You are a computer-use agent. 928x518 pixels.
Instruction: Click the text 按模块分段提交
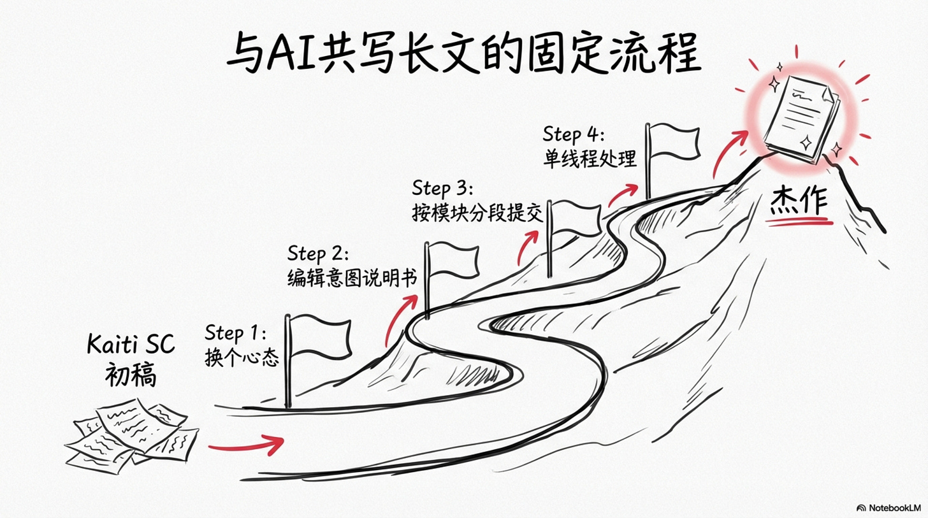coord(477,213)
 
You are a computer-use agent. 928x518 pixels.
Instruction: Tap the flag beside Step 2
coord(453,261)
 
